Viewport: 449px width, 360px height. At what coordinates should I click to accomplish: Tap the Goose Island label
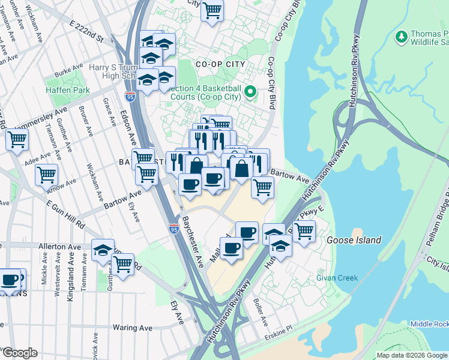point(354,240)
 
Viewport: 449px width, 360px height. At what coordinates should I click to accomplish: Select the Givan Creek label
point(337,278)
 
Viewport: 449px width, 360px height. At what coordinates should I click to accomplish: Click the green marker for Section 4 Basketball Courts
point(253,92)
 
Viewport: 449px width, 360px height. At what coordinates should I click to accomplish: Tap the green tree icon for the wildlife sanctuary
point(401,38)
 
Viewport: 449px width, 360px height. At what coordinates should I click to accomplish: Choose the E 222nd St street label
point(87,32)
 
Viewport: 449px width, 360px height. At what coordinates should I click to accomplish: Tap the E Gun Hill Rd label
point(66,212)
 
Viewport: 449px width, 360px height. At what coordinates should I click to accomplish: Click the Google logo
point(20,353)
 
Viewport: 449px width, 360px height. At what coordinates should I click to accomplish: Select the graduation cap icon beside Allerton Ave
point(103,250)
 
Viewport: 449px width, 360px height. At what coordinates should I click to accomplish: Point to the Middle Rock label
point(429,324)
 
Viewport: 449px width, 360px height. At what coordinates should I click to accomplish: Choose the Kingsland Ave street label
point(70,281)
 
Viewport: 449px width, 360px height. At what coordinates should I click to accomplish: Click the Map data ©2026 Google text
point(412,355)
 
